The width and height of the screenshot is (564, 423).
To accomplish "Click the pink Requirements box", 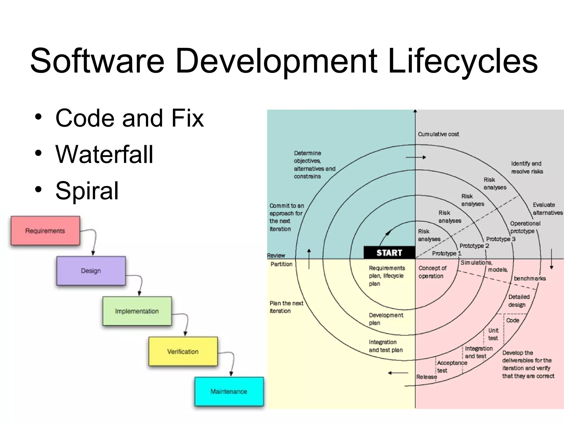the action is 45,231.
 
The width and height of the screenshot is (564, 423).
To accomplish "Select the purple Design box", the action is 91,271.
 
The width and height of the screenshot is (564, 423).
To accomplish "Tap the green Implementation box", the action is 137,311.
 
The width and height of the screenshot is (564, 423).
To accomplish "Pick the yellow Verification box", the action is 183,351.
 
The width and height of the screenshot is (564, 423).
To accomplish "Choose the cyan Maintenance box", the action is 229,391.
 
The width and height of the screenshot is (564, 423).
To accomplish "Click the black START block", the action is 389,253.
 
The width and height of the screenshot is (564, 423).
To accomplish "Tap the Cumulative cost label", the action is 438,134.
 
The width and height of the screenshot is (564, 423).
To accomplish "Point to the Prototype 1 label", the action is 446,253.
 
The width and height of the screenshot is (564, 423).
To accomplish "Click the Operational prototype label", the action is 525,227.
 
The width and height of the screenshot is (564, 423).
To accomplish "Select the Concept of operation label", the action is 432,272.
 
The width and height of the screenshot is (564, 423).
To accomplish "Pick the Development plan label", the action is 386,319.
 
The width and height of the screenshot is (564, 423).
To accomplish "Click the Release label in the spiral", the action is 427,377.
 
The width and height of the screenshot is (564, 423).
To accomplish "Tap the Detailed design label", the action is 519,301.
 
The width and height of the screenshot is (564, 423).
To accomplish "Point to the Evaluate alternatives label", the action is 547,209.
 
